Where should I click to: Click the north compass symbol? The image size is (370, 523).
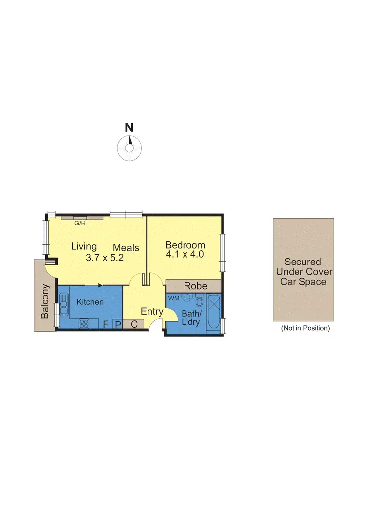click(130, 147)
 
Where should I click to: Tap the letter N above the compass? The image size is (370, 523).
click(129, 127)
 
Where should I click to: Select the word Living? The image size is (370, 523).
click(84, 246)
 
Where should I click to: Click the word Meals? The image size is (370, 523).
click(126, 248)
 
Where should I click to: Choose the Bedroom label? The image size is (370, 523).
click(185, 245)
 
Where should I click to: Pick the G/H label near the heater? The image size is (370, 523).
click(79, 223)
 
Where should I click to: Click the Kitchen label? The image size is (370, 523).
click(90, 302)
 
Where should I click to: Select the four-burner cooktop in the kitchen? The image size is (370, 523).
click(83, 324)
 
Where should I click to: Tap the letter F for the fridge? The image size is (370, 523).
click(105, 324)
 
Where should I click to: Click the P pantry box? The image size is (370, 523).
click(118, 324)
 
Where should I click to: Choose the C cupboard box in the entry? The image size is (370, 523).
click(133, 324)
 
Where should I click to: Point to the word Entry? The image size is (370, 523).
click(152, 311)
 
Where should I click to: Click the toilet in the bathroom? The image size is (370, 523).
click(199, 301)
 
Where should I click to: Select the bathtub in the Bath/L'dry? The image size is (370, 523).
click(215, 312)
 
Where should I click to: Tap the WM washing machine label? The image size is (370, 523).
click(174, 299)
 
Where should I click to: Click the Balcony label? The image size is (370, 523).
click(45, 300)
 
